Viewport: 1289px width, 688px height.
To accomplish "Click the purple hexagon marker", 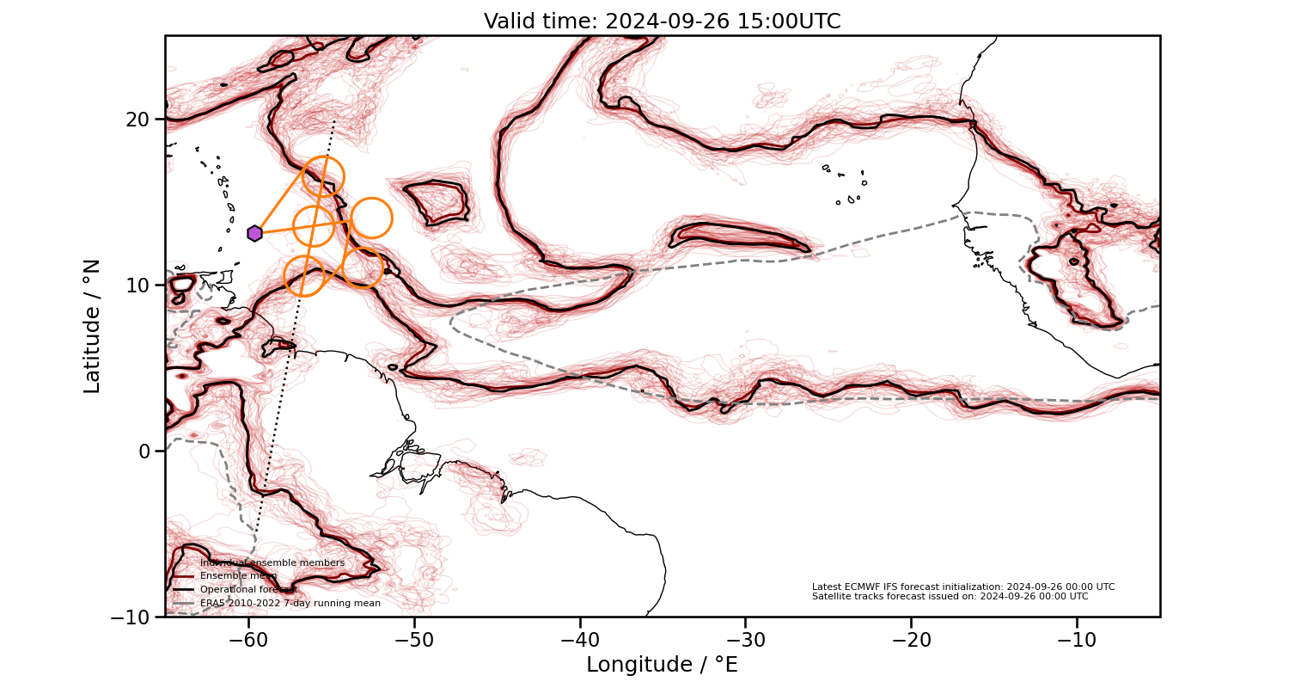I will [x=254, y=233].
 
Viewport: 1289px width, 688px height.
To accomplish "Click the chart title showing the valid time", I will [x=662, y=21].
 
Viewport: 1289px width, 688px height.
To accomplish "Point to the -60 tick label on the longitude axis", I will [x=248, y=641].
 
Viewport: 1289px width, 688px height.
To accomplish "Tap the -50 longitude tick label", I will [x=414, y=641].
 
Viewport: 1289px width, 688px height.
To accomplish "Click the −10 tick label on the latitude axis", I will [x=131, y=617].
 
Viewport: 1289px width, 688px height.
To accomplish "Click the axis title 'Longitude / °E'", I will [x=662, y=665].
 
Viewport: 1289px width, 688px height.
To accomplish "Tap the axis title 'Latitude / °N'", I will [x=92, y=326].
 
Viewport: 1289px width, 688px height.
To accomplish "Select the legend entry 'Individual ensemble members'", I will [x=272, y=562].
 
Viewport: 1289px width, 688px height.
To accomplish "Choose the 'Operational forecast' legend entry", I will [x=248, y=590].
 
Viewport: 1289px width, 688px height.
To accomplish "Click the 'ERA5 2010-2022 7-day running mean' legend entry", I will [x=290, y=604].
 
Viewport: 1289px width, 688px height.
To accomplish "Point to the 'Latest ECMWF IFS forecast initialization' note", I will [x=963, y=587].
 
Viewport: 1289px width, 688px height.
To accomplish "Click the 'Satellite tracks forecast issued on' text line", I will [x=950, y=596].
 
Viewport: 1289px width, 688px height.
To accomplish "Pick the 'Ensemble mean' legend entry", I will [x=238, y=576].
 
